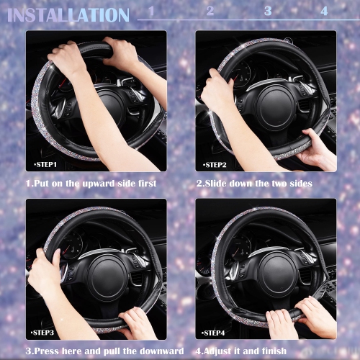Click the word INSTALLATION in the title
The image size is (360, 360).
[69, 14]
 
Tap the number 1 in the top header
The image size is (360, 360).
[152, 12]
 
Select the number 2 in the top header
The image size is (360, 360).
[210, 11]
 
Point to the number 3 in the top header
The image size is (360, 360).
[268, 11]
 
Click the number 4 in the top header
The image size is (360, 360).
[324, 11]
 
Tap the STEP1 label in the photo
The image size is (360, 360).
[45, 165]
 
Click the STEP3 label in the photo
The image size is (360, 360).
[45, 333]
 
